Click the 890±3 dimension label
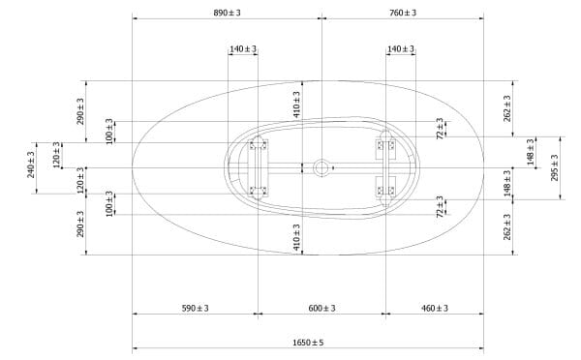click(227, 13)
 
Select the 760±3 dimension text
click(403, 13)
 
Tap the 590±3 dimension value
click(196, 308)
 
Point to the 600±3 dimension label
click(322, 308)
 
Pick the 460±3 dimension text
click(435, 308)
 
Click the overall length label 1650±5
click(308, 343)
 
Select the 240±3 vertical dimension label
click(31, 165)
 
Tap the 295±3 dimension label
click(555, 167)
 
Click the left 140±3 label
click(243, 49)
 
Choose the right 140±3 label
click(401, 49)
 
